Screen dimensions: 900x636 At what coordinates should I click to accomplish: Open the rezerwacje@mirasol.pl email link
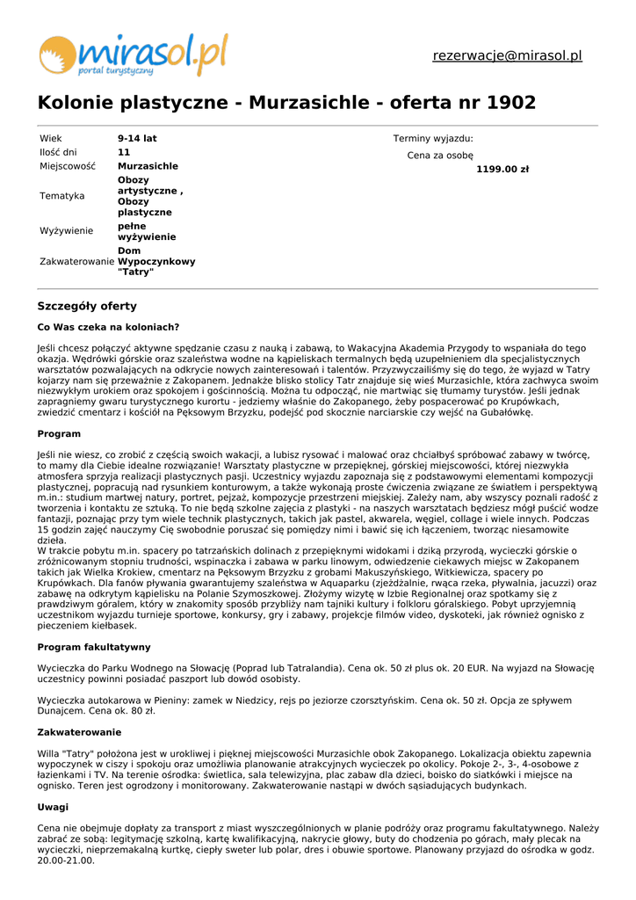tap(507, 56)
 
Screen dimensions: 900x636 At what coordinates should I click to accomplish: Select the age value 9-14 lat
tap(137, 139)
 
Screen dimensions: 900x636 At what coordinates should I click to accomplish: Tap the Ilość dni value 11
tap(124, 152)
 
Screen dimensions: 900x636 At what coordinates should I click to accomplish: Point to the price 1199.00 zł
tap(502, 170)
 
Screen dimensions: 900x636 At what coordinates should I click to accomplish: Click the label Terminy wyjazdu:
tap(433, 139)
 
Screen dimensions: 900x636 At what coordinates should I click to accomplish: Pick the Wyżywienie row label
tap(66, 231)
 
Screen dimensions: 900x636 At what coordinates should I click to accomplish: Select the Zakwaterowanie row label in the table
tap(76, 262)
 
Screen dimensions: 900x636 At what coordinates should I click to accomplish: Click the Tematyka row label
tap(61, 196)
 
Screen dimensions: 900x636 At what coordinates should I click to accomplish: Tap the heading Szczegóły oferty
tap(87, 306)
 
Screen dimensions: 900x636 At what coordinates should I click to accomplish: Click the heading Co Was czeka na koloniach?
tap(108, 327)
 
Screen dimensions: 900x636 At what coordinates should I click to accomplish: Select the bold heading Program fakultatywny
tap(94, 647)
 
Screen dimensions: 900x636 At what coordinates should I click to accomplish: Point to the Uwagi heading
tap(53, 807)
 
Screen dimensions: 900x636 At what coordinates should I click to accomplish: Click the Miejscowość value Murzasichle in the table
tap(148, 166)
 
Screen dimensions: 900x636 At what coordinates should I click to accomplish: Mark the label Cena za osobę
tap(440, 156)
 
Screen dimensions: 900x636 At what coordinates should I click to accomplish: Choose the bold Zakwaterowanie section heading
tap(79, 732)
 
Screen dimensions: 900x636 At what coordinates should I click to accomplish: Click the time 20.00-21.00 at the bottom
tap(66, 861)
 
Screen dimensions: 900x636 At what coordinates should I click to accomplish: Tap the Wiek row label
tap(51, 139)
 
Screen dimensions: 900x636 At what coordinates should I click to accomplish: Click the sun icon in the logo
tap(57, 54)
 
